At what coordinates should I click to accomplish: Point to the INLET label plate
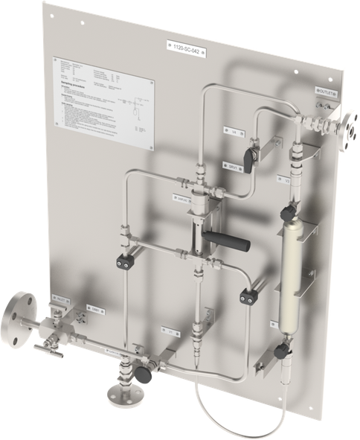point(61,299)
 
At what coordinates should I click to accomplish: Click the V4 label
point(235,131)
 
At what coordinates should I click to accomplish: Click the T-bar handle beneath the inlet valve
point(43,347)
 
